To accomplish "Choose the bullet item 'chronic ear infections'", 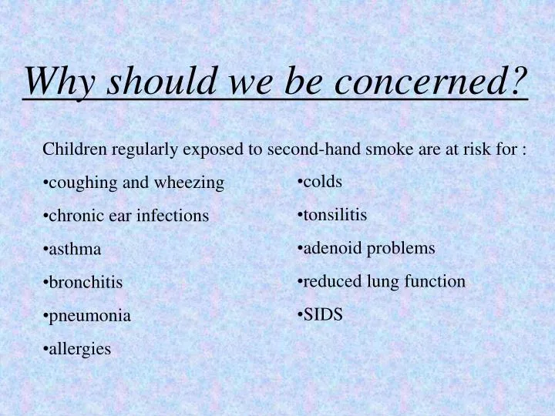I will (126, 216).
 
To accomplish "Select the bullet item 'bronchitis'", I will (83, 282).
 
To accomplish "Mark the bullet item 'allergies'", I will (78, 349).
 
